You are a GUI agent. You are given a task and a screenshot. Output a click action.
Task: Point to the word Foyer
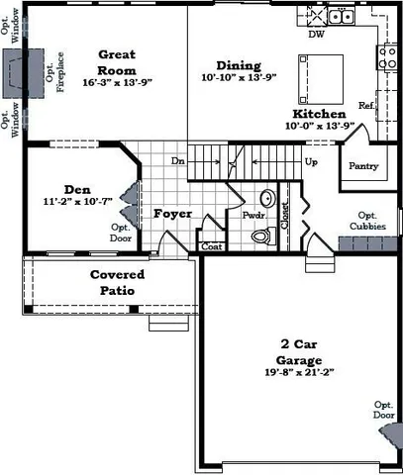tap(171, 213)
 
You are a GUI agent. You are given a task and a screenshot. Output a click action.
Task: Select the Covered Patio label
tap(117, 282)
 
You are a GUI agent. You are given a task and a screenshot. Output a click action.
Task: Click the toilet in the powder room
tap(261, 237)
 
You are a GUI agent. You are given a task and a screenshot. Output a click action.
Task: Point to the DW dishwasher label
tap(317, 34)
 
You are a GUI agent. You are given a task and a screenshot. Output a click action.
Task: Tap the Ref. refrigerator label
tap(366, 105)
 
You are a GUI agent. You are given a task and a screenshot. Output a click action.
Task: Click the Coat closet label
tap(211, 246)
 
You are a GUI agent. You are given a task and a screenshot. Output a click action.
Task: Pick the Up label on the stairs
tap(312, 160)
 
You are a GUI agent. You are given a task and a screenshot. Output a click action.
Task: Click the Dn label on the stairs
tap(178, 160)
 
